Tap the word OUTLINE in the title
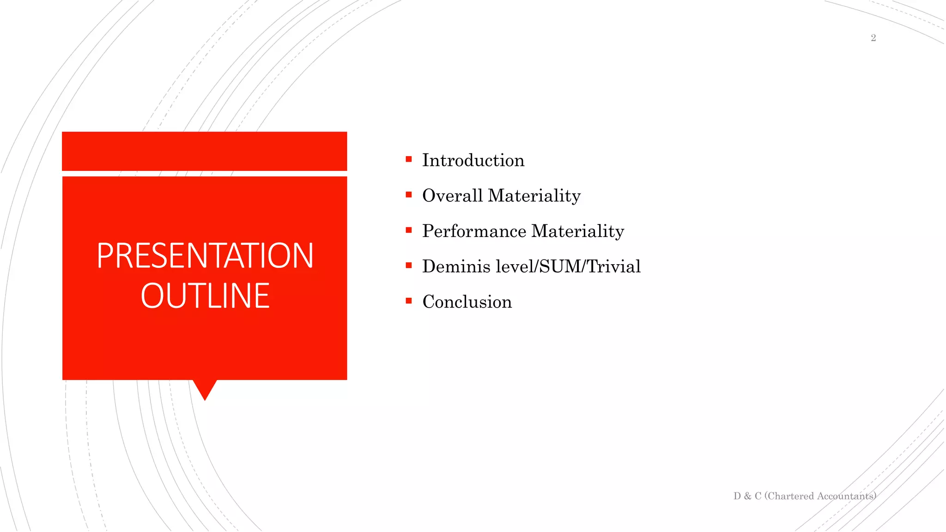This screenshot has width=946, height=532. [x=205, y=296]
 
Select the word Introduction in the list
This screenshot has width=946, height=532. [x=473, y=160]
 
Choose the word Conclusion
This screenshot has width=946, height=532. [x=467, y=302]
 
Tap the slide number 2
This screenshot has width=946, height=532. [x=873, y=38]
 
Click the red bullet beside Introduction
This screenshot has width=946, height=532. [x=409, y=159]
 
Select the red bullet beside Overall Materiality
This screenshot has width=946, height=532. [x=409, y=195]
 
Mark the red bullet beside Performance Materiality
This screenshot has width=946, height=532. [x=409, y=230]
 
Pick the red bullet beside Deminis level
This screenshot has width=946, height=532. [x=409, y=266]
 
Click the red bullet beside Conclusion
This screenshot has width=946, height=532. [x=409, y=301]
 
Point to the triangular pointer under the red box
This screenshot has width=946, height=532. [x=205, y=389]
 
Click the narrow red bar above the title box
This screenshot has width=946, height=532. [x=205, y=151]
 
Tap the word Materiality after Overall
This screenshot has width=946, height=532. [x=534, y=196]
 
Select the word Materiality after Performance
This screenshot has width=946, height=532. [x=578, y=231]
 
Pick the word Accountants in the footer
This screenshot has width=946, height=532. [x=846, y=496]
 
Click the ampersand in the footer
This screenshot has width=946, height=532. [x=747, y=496]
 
